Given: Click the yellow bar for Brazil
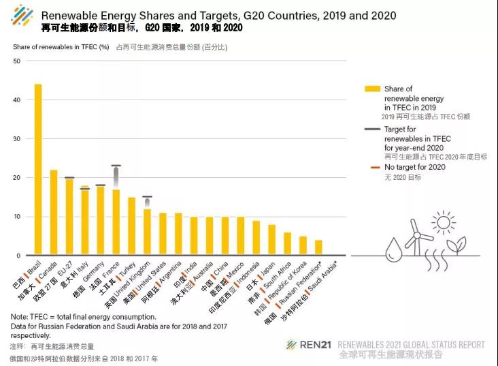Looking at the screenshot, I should (38, 170).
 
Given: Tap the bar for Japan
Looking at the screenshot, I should (272, 240).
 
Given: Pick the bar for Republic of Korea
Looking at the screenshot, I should (303, 246).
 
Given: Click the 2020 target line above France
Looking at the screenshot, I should (116, 166).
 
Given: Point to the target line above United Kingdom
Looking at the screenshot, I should (147, 197).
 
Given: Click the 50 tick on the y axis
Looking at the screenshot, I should (18, 61).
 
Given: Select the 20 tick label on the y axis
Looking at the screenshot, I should (18, 178).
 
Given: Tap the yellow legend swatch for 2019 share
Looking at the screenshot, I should (372, 89).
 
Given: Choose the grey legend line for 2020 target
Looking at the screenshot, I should (372, 129).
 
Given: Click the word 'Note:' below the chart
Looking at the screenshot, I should (19, 317).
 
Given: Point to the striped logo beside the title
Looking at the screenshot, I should (22, 16).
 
